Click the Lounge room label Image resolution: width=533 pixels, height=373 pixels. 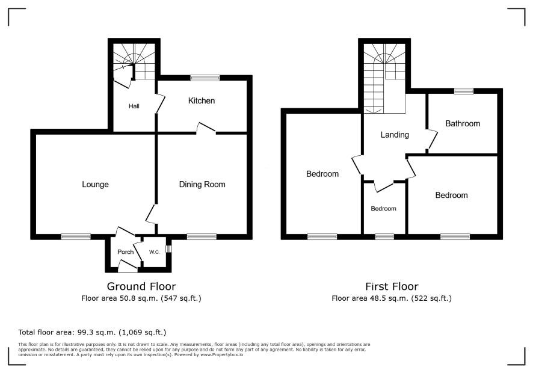coord(95,184)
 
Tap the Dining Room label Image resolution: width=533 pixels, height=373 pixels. coord(202,184)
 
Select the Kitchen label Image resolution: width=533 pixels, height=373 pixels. coord(202,100)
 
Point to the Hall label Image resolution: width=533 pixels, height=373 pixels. coord(134,106)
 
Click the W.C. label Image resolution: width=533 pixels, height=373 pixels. coord(155,252)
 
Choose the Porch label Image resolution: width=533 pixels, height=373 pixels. coord(126,252)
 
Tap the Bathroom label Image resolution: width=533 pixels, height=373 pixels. coord(463,123)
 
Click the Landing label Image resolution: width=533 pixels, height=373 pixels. coord(395,135)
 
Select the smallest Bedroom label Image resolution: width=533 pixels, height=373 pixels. coord(383,208)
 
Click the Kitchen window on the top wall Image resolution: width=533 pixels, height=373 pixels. coord(205,78)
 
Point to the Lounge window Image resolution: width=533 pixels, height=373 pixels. coord(76,236)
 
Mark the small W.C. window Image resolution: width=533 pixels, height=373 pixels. coord(168,249)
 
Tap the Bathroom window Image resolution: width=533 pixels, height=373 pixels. coord(464,91)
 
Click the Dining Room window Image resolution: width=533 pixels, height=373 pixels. coord(202,236)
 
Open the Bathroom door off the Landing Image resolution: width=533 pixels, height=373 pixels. coord(432,139)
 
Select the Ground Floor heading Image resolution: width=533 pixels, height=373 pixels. coord(141,286)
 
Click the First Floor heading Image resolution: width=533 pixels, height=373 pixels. coord(392,286)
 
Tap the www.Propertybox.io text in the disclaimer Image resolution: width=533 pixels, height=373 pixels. coord(222,354)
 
